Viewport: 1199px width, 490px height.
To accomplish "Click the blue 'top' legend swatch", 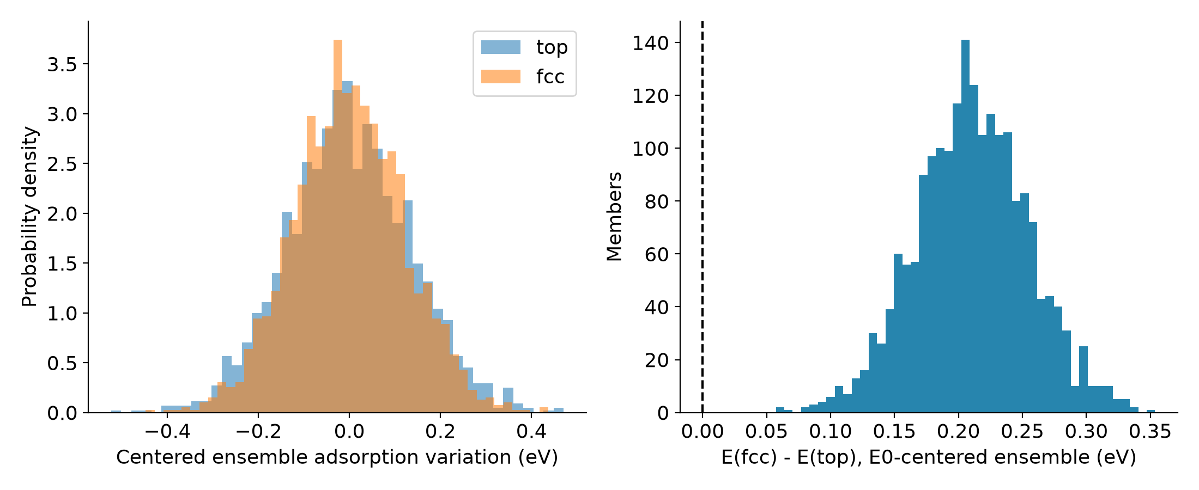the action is click(x=500, y=47).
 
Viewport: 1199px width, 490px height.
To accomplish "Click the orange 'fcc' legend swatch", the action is click(x=500, y=77).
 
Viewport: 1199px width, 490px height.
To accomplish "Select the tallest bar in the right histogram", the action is click(x=965, y=226).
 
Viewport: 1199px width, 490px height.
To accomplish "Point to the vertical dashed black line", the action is click(x=703, y=217).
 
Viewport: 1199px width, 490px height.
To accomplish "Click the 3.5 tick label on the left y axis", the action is click(x=62, y=64).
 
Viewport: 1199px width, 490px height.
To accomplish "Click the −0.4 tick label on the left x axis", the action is click(x=167, y=432).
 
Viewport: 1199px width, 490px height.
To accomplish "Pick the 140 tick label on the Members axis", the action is click(x=651, y=43).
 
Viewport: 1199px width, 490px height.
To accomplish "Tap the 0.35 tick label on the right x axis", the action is click(x=1150, y=432).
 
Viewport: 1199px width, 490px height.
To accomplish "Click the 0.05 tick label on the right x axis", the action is click(x=766, y=432).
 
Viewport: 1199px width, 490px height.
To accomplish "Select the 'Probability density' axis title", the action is click(x=29, y=217).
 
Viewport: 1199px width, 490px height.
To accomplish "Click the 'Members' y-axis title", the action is click(x=614, y=217).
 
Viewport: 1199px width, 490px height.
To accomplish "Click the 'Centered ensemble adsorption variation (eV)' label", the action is click(x=337, y=457).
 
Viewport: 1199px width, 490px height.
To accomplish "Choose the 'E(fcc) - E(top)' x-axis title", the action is click(x=929, y=457).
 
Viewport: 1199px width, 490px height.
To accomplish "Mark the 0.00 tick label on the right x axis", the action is click(x=703, y=432).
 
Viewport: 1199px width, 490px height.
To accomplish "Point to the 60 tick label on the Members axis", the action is click(x=657, y=254).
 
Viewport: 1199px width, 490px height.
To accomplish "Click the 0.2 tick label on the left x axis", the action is click(x=440, y=432).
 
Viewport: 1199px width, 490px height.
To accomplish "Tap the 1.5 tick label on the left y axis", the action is click(x=62, y=264).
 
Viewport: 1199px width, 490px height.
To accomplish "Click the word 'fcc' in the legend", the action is click(x=550, y=77).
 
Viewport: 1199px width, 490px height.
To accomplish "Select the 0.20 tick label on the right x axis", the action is click(x=958, y=432).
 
